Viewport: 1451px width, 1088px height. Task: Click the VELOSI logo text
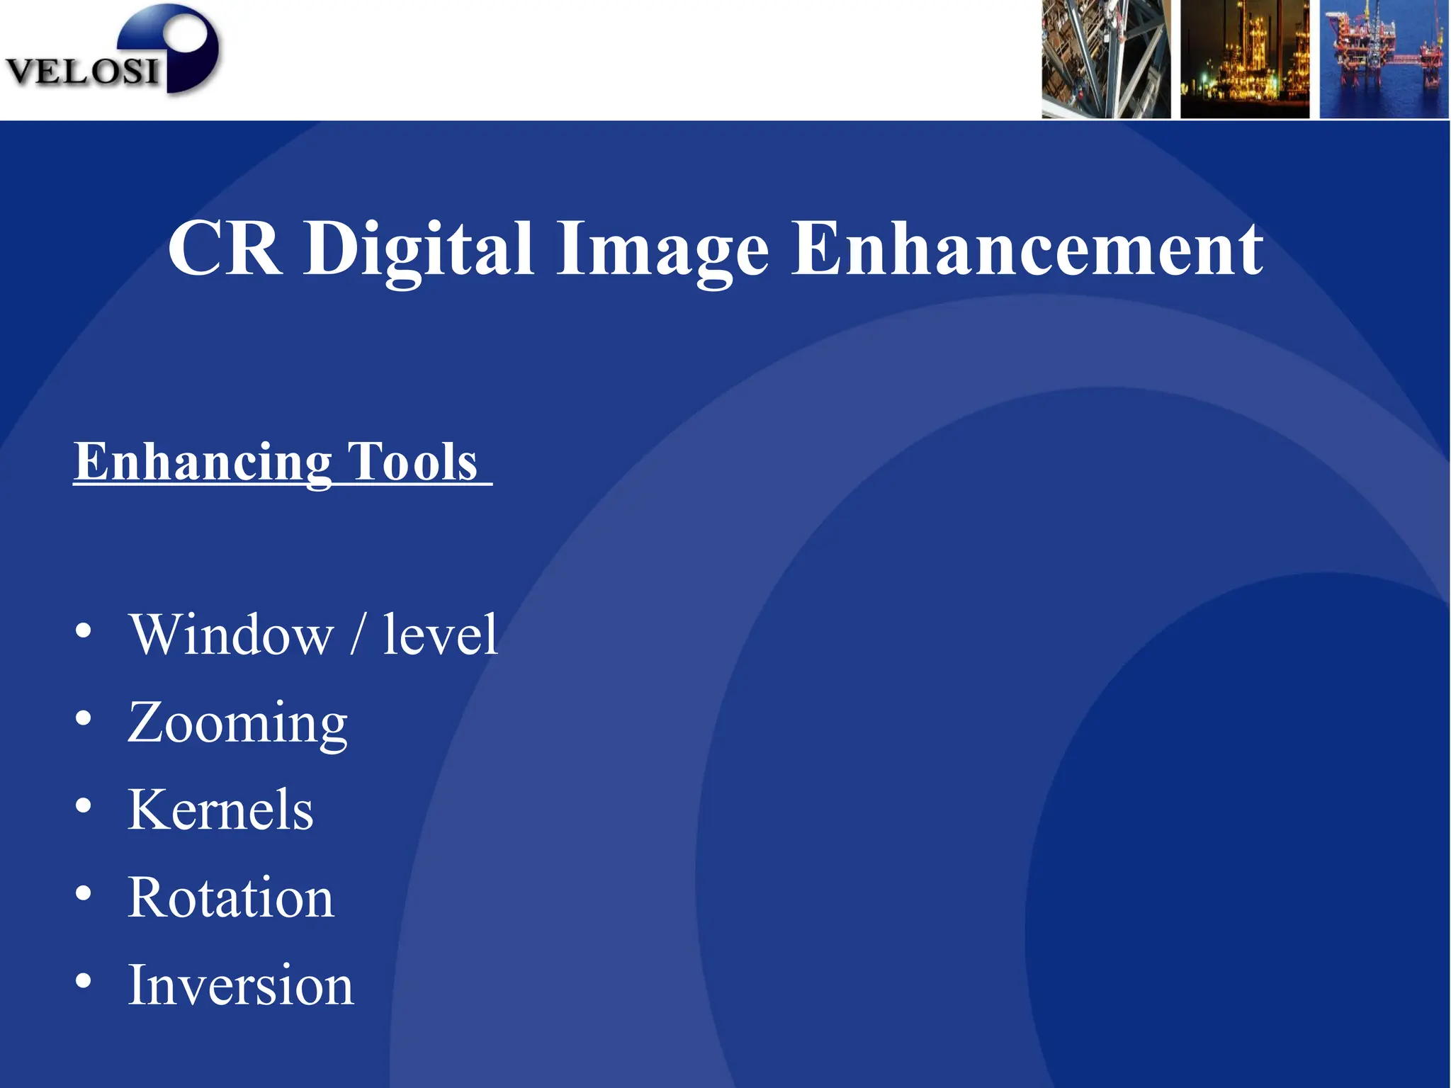click(x=81, y=72)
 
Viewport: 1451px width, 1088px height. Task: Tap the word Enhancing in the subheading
click(x=203, y=462)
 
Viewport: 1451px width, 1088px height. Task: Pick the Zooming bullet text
click(x=237, y=722)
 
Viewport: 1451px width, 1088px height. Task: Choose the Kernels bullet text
click(x=220, y=810)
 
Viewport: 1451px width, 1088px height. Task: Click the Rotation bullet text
click(x=230, y=897)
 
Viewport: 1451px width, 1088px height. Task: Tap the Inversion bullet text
click(x=240, y=985)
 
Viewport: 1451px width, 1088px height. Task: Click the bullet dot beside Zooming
click(x=84, y=718)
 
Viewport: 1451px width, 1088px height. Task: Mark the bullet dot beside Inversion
click(x=84, y=981)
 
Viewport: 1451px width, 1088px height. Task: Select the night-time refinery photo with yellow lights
click(x=1244, y=59)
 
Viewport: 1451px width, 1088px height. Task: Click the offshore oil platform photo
click(x=1383, y=59)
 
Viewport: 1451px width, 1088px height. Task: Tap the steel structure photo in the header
click(x=1105, y=59)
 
